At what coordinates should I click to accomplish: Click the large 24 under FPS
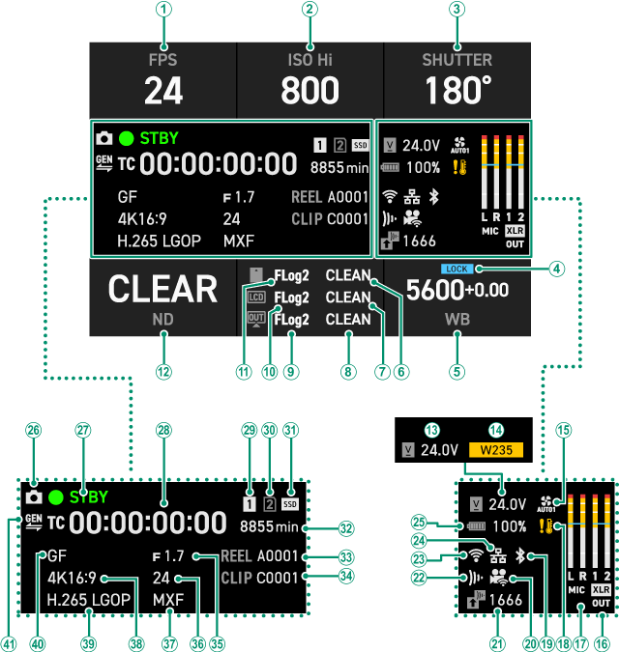click(163, 91)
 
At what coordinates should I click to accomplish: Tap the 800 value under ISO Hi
click(309, 91)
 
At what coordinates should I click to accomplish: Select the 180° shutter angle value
click(457, 91)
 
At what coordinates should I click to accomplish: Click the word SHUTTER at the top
click(457, 60)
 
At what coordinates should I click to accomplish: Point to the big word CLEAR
click(162, 290)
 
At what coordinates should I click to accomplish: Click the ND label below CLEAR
click(162, 320)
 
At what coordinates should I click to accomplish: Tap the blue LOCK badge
click(456, 269)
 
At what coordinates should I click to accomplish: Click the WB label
click(457, 319)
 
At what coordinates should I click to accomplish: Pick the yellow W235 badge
click(495, 449)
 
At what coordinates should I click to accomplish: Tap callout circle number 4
click(555, 269)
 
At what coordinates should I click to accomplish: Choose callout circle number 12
click(163, 370)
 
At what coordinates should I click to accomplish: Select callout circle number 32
click(345, 527)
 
